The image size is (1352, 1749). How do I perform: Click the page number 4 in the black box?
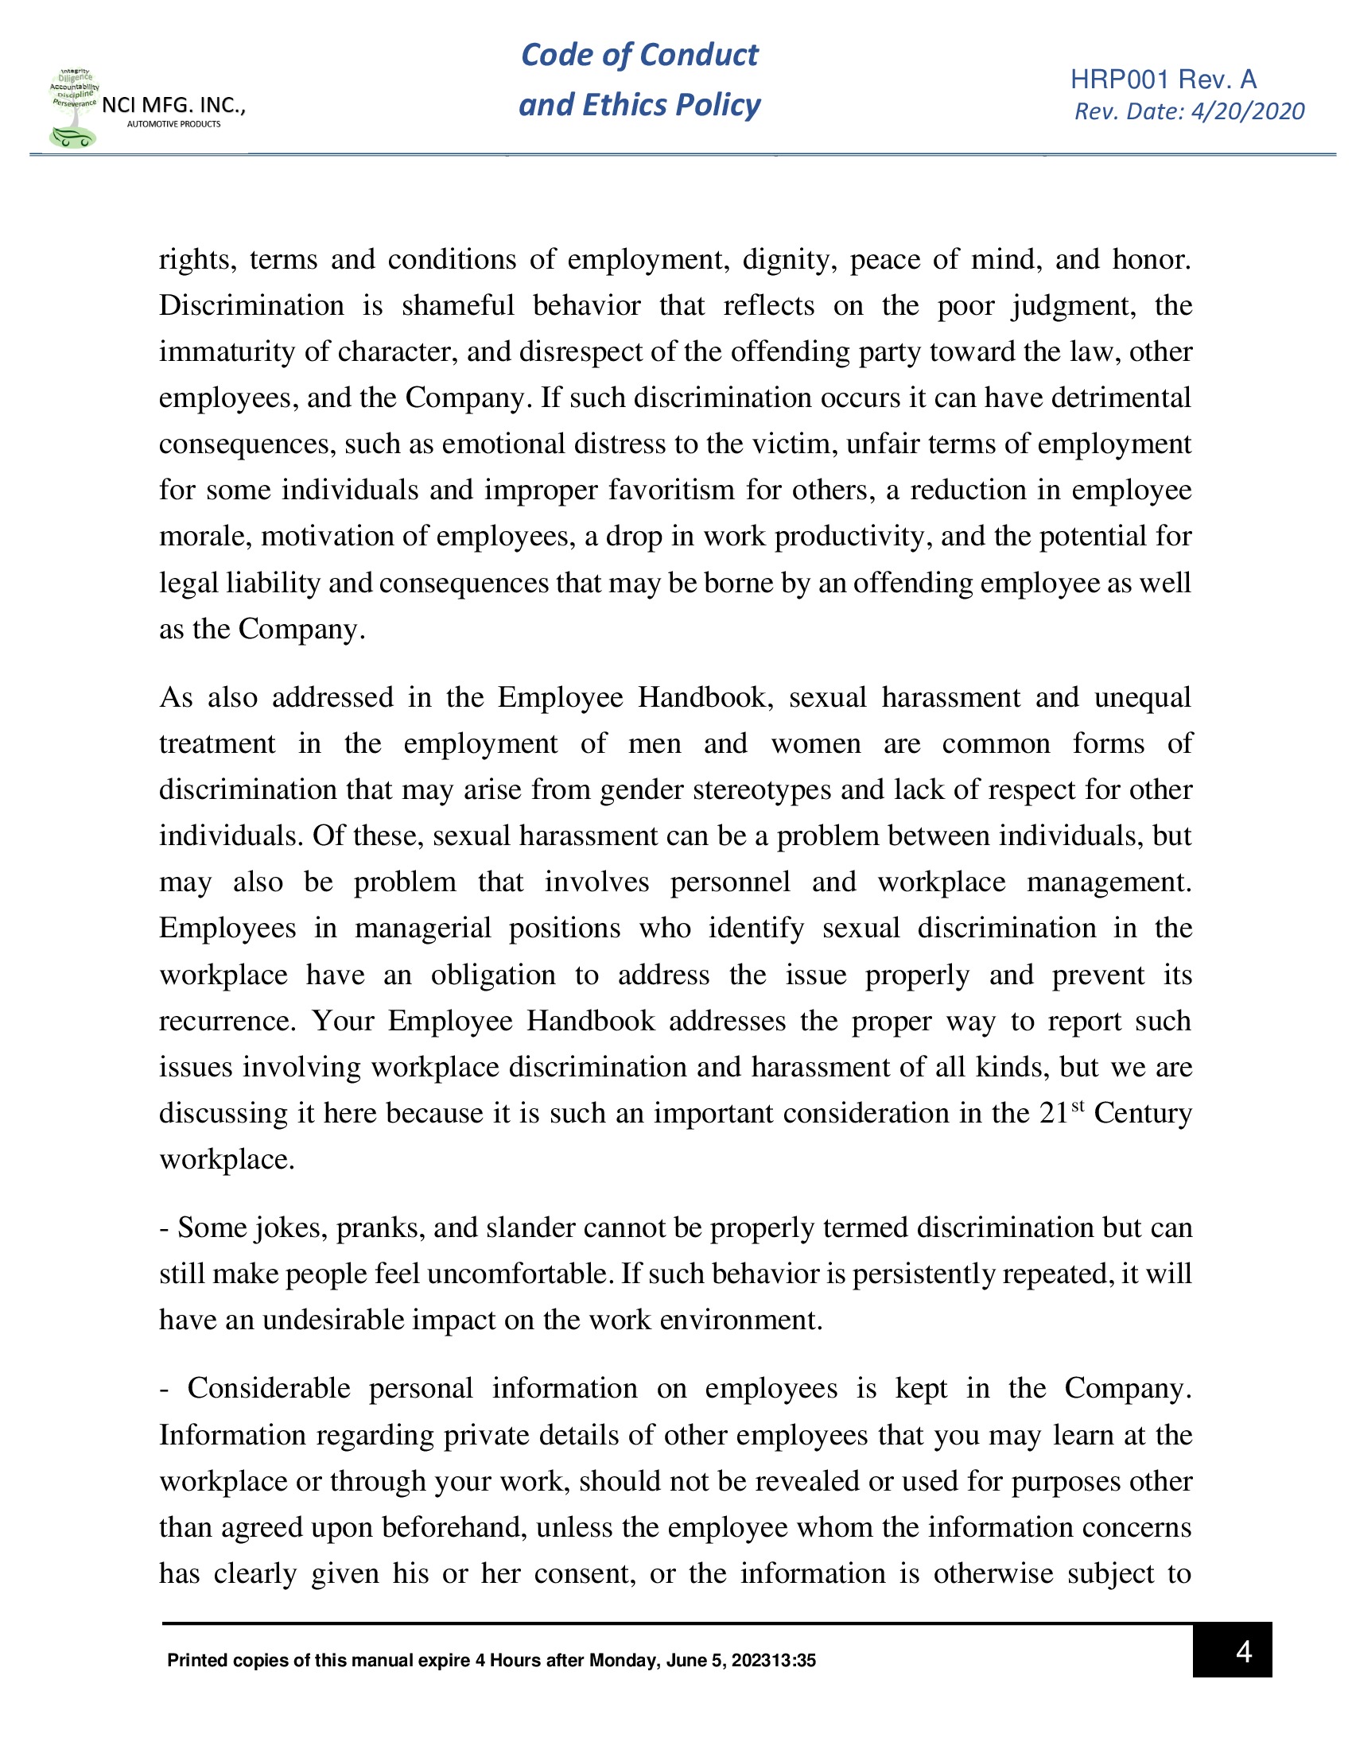[x=1242, y=1651]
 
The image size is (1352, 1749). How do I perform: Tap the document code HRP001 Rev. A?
[x=1163, y=79]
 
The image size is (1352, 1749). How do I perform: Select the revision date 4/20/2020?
[x=1247, y=111]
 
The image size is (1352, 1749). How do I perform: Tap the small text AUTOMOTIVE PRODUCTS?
[x=174, y=124]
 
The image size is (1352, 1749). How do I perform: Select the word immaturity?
[x=227, y=351]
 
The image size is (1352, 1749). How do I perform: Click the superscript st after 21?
[x=1078, y=1105]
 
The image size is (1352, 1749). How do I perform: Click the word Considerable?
[x=268, y=1388]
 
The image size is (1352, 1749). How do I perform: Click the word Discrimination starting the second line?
[x=251, y=306]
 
